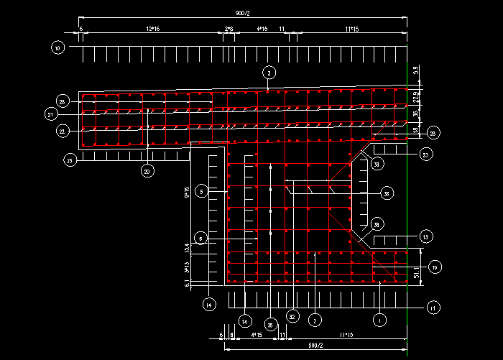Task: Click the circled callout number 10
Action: pyautogui.click(x=57, y=48)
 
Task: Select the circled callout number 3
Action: pyautogui.click(x=268, y=73)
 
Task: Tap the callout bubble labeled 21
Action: pyautogui.click(x=50, y=114)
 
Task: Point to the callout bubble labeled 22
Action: pyautogui.click(x=63, y=131)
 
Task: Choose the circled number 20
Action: pyautogui.click(x=147, y=171)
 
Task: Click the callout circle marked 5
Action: pyautogui.click(x=201, y=191)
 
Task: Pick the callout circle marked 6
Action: pyautogui.click(x=201, y=239)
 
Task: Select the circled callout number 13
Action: pyautogui.click(x=425, y=236)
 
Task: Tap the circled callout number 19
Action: pyautogui.click(x=434, y=267)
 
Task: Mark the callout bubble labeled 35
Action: pyautogui.click(x=270, y=325)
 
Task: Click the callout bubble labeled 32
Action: pyautogui.click(x=292, y=316)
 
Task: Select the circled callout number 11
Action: pyautogui.click(x=433, y=308)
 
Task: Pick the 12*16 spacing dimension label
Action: pyautogui.click(x=152, y=29)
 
